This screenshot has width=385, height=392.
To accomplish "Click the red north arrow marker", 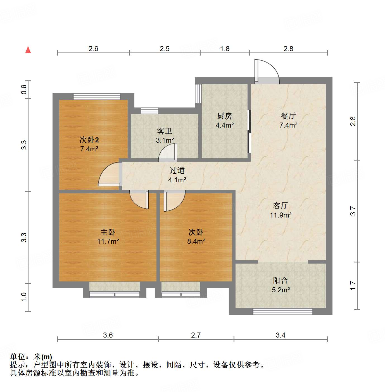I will click(28, 50).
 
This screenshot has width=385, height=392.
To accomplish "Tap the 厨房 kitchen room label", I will click(224, 116).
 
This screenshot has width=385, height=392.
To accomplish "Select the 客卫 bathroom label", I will click(164, 131).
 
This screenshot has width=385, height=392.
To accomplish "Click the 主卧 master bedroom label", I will click(108, 232).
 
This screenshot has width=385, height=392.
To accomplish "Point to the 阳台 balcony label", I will click(280, 281).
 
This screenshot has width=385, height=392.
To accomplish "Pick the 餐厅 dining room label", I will click(288, 116).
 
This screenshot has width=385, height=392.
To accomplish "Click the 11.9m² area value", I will click(281, 215).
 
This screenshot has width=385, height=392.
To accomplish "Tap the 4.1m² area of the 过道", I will click(177, 180).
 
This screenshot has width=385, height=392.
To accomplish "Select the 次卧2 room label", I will click(89, 140).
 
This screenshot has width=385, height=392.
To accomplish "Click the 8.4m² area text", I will click(196, 242).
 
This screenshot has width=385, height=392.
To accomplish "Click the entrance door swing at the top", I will click(267, 72).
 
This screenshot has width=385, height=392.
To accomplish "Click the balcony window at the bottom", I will click(282, 311).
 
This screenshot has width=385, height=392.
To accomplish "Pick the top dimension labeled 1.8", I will click(225, 49).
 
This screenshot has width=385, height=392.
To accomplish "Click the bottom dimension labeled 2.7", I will click(196, 335).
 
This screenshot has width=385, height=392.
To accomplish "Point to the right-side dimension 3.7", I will click(353, 211).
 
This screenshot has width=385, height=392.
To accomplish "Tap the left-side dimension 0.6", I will click(24, 89).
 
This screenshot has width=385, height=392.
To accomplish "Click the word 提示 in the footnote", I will click(17, 365).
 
